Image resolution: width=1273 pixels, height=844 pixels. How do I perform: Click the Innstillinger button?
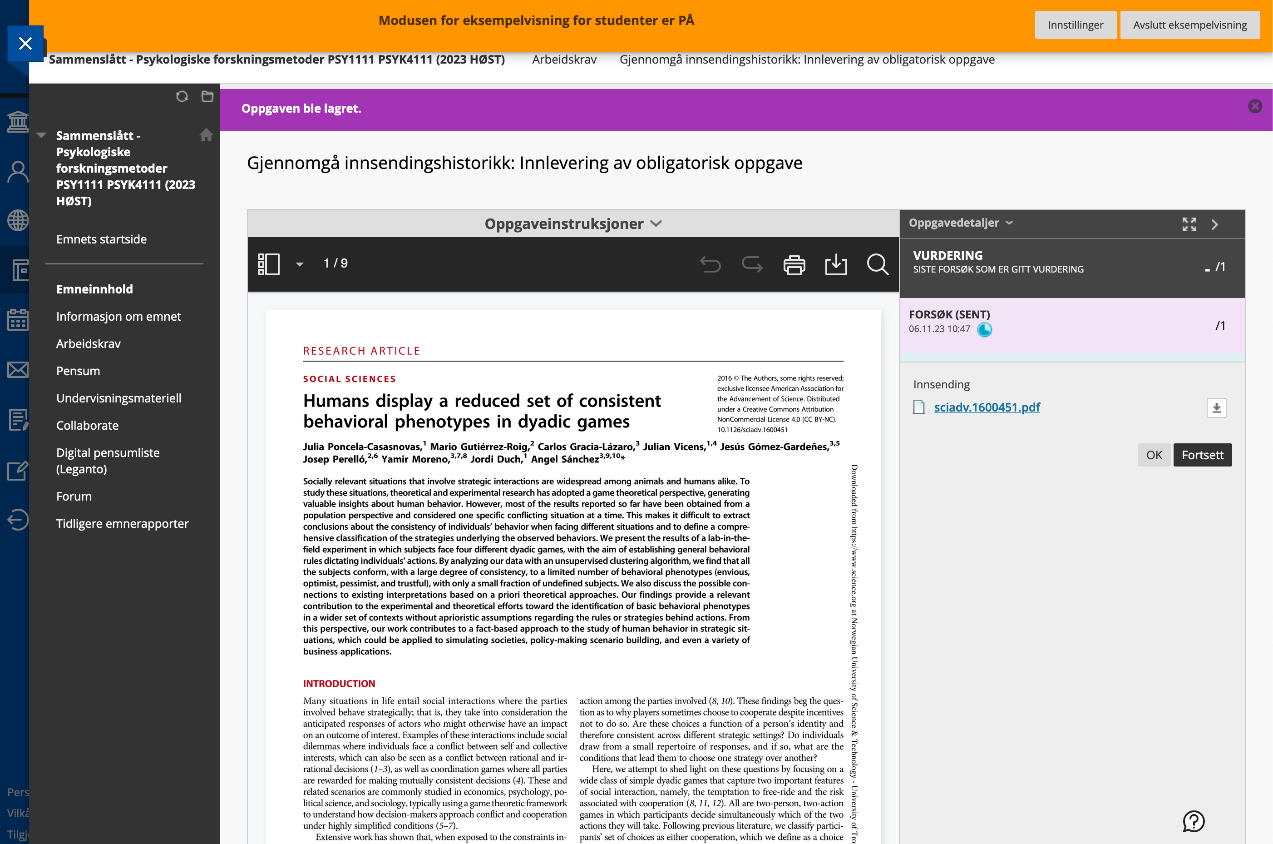[1075, 25]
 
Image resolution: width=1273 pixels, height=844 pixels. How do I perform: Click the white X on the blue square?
[25, 44]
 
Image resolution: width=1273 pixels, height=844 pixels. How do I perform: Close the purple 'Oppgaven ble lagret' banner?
[1255, 107]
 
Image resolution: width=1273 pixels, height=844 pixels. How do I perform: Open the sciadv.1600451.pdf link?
[987, 407]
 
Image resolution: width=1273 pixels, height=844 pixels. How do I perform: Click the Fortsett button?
[1202, 455]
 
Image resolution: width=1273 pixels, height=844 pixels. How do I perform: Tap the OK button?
[1154, 455]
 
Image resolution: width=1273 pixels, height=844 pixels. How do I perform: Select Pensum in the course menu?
[78, 371]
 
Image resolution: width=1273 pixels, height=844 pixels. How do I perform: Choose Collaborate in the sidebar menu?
[87, 425]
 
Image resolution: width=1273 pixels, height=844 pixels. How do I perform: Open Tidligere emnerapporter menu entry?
[122, 523]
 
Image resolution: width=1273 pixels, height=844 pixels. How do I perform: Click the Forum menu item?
[74, 496]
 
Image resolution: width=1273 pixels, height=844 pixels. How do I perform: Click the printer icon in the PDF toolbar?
[794, 265]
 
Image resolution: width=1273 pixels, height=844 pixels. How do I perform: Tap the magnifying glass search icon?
[877, 264]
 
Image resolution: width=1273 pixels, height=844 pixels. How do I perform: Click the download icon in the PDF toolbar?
[836, 264]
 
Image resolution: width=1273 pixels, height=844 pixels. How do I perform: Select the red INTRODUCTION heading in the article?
[339, 684]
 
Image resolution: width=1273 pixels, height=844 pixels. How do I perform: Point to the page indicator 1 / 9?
[336, 263]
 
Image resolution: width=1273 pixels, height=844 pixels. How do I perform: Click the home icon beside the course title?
[206, 134]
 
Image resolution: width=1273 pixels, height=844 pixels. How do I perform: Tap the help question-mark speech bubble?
[1194, 821]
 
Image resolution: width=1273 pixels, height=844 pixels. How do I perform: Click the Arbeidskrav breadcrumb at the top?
[564, 59]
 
